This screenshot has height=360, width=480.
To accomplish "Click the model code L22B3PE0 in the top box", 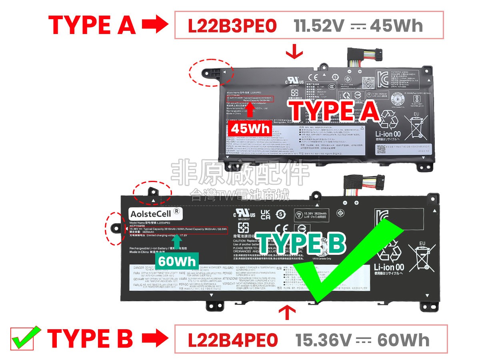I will point(232,26).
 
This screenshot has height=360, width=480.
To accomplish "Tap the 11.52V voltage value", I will point(319,26).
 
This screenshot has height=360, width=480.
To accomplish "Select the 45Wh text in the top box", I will point(396,26).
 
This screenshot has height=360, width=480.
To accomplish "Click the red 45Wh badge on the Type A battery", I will point(250,129).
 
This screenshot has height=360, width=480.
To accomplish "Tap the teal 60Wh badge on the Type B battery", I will point(177,261).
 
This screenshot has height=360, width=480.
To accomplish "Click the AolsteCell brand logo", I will point(155,214).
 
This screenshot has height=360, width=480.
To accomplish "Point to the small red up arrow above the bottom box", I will point(286,312).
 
